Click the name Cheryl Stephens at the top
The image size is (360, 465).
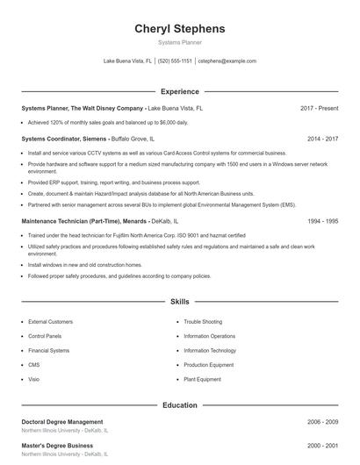tap(179, 28)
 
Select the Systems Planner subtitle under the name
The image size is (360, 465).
tap(179, 42)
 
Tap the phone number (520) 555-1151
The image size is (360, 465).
tap(175, 61)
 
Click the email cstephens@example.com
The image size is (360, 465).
tap(227, 61)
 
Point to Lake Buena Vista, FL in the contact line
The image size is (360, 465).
tap(127, 61)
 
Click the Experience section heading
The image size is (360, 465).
tap(179, 91)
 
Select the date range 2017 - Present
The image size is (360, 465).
tap(319, 108)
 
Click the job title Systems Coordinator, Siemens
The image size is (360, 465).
tap(64, 139)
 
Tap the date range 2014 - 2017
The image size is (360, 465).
tap(322, 139)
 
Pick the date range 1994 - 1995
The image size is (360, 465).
tap(322, 221)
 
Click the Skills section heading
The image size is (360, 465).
tap(179, 301)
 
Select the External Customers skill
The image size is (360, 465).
tap(50, 322)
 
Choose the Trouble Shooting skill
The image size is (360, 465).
tap(203, 322)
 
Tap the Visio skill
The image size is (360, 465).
tap(33, 379)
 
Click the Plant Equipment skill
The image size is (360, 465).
tap(203, 379)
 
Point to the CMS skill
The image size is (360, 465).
tap(33, 365)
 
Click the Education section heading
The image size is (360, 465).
tap(179, 405)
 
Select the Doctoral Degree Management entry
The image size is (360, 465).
tap(61, 422)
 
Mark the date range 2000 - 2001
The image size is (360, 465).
tap(322, 446)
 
